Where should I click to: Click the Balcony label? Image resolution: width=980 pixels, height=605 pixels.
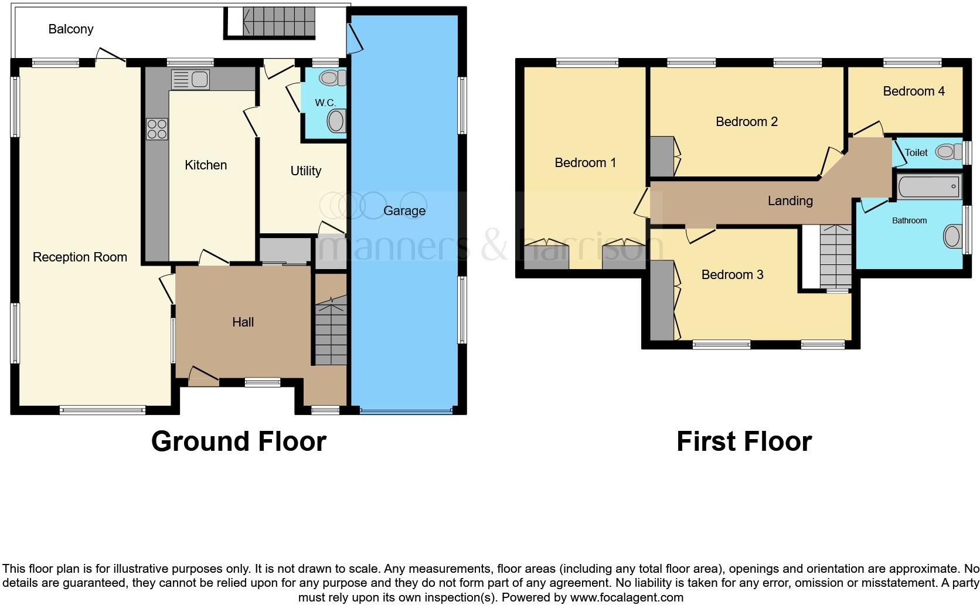[71, 29]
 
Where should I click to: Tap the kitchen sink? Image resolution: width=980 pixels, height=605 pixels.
[190, 79]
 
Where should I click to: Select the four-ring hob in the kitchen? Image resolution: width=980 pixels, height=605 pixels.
[157, 129]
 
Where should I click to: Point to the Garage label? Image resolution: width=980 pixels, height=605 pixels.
[404, 211]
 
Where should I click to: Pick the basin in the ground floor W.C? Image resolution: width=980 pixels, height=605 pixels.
[336, 122]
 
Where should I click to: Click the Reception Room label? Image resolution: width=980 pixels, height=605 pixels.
[80, 257]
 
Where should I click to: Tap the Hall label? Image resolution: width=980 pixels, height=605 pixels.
[243, 322]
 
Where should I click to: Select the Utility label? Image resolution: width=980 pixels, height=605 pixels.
[305, 171]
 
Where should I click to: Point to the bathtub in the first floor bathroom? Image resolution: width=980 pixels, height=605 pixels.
[928, 186]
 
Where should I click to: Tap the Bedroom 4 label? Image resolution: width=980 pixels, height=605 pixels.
[913, 91]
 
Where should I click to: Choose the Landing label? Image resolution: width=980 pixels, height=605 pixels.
[790, 201]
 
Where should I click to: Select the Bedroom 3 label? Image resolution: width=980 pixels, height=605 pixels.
[732, 274]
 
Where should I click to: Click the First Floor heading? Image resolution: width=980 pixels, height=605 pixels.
[744, 441]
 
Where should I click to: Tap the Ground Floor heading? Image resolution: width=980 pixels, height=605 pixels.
[239, 441]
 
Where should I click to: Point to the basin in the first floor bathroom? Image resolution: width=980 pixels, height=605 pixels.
[952, 237]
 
